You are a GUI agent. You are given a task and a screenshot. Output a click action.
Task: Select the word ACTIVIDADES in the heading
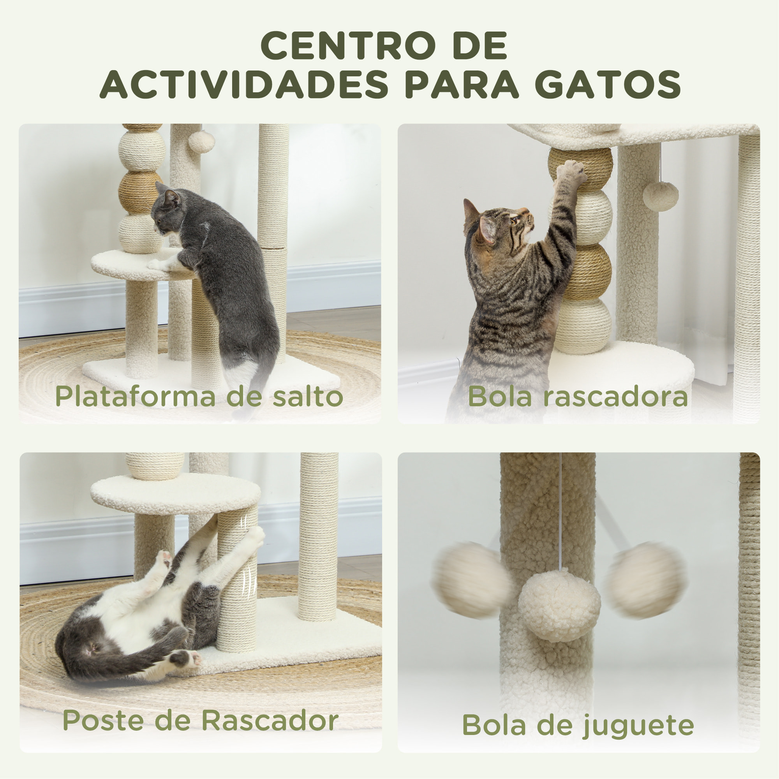coord(244,85)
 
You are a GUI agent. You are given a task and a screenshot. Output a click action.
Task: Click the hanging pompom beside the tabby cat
coord(661,196)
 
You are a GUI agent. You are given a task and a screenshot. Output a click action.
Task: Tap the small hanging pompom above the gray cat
coord(201,141)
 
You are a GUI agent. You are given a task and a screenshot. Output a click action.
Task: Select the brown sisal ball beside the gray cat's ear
coord(139,193)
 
